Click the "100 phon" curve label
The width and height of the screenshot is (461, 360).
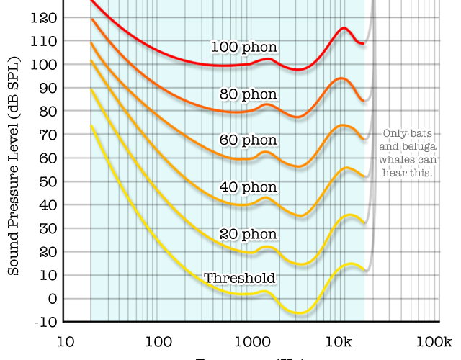tap(244, 47)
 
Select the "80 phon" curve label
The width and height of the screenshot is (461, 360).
tap(249, 94)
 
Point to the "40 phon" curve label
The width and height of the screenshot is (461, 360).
tap(249, 186)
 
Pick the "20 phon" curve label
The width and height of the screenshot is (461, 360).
tap(249, 234)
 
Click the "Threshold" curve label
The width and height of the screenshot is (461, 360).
tap(240, 278)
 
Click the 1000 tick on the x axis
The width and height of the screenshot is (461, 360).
tap(251, 341)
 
